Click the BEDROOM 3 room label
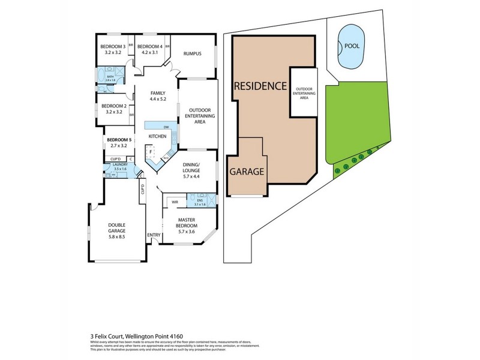pos(112,46)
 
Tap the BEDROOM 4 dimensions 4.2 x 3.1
pos(149,53)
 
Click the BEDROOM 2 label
pos(112,106)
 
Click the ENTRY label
pos(154,235)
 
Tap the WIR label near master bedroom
pos(175,202)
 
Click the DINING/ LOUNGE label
pos(197,168)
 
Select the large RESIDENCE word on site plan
pos(260,86)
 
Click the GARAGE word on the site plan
pos(247,172)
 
